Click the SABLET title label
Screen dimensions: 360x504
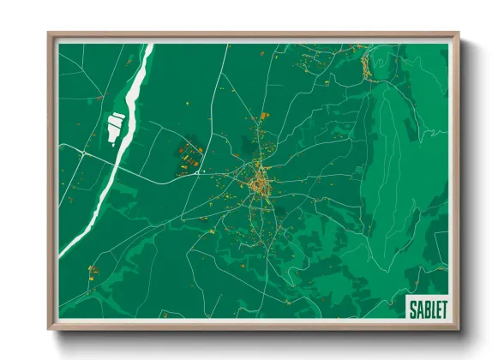click(x=426, y=309)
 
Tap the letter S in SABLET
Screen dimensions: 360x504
click(x=412, y=309)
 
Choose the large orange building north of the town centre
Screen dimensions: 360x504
click(x=263, y=115)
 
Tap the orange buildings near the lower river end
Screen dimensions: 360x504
click(x=93, y=273)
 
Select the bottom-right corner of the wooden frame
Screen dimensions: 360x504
click(x=459, y=329)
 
